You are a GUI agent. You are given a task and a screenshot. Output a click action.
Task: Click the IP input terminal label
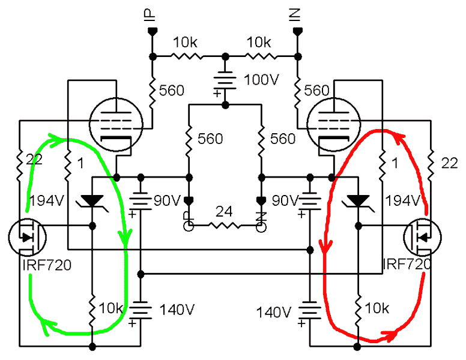coord(150,17)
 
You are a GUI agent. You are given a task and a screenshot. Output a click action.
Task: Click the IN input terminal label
coord(295,17)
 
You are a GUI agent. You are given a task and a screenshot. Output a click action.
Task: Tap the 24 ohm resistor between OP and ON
coord(224,226)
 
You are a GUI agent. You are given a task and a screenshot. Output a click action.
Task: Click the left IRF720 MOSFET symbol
coord(25,236)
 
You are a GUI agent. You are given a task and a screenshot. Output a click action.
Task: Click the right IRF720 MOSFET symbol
coord(421,236)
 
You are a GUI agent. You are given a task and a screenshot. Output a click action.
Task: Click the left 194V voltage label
coord(45,200)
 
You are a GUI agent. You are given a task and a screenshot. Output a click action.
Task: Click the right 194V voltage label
coord(402,200)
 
